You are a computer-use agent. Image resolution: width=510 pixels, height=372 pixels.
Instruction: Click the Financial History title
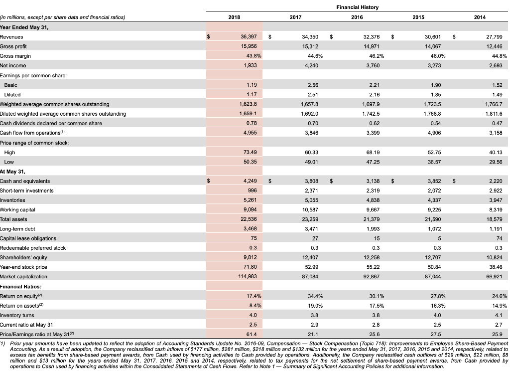tap(357, 7)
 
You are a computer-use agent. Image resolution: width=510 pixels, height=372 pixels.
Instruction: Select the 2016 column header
tap(357, 17)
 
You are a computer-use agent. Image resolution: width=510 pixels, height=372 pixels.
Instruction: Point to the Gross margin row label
tap(16, 55)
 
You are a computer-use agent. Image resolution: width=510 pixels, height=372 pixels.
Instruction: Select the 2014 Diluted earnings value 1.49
tap(498, 95)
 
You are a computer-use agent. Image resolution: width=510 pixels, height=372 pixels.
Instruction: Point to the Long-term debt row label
tap(17, 229)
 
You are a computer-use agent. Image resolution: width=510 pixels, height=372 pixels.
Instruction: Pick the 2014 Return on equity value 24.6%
tap(497, 296)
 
